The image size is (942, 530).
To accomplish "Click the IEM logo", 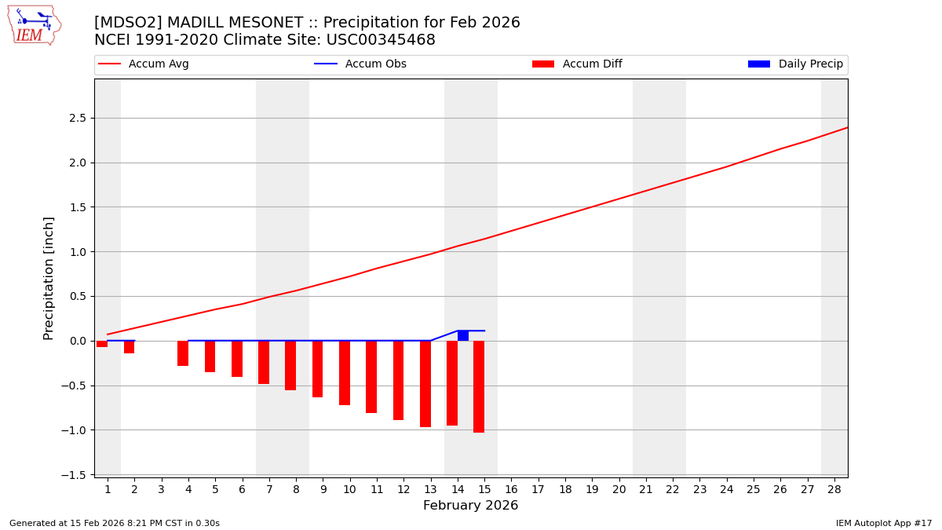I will (34, 25).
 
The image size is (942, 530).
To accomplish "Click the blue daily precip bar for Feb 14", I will (463, 335).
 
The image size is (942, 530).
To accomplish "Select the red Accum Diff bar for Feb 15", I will (479, 386).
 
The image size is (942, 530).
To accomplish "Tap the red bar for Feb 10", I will (345, 373).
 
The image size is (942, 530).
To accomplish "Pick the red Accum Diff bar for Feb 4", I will (183, 353).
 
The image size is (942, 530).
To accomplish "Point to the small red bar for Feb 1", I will (102, 344).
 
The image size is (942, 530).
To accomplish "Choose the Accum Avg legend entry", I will (144, 64).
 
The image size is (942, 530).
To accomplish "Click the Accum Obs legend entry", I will (360, 64).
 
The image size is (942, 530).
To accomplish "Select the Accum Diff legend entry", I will (577, 64).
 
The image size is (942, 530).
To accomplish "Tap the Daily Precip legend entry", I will (795, 64).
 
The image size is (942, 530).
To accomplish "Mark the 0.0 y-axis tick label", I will (76, 341).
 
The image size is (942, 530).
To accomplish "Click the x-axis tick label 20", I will (619, 490).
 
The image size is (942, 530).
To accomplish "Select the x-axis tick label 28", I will (834, 490).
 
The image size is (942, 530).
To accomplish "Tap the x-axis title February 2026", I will (470, 506).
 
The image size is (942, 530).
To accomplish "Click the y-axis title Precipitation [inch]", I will (49, 278).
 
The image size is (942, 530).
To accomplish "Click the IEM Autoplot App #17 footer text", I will (883, 523).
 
